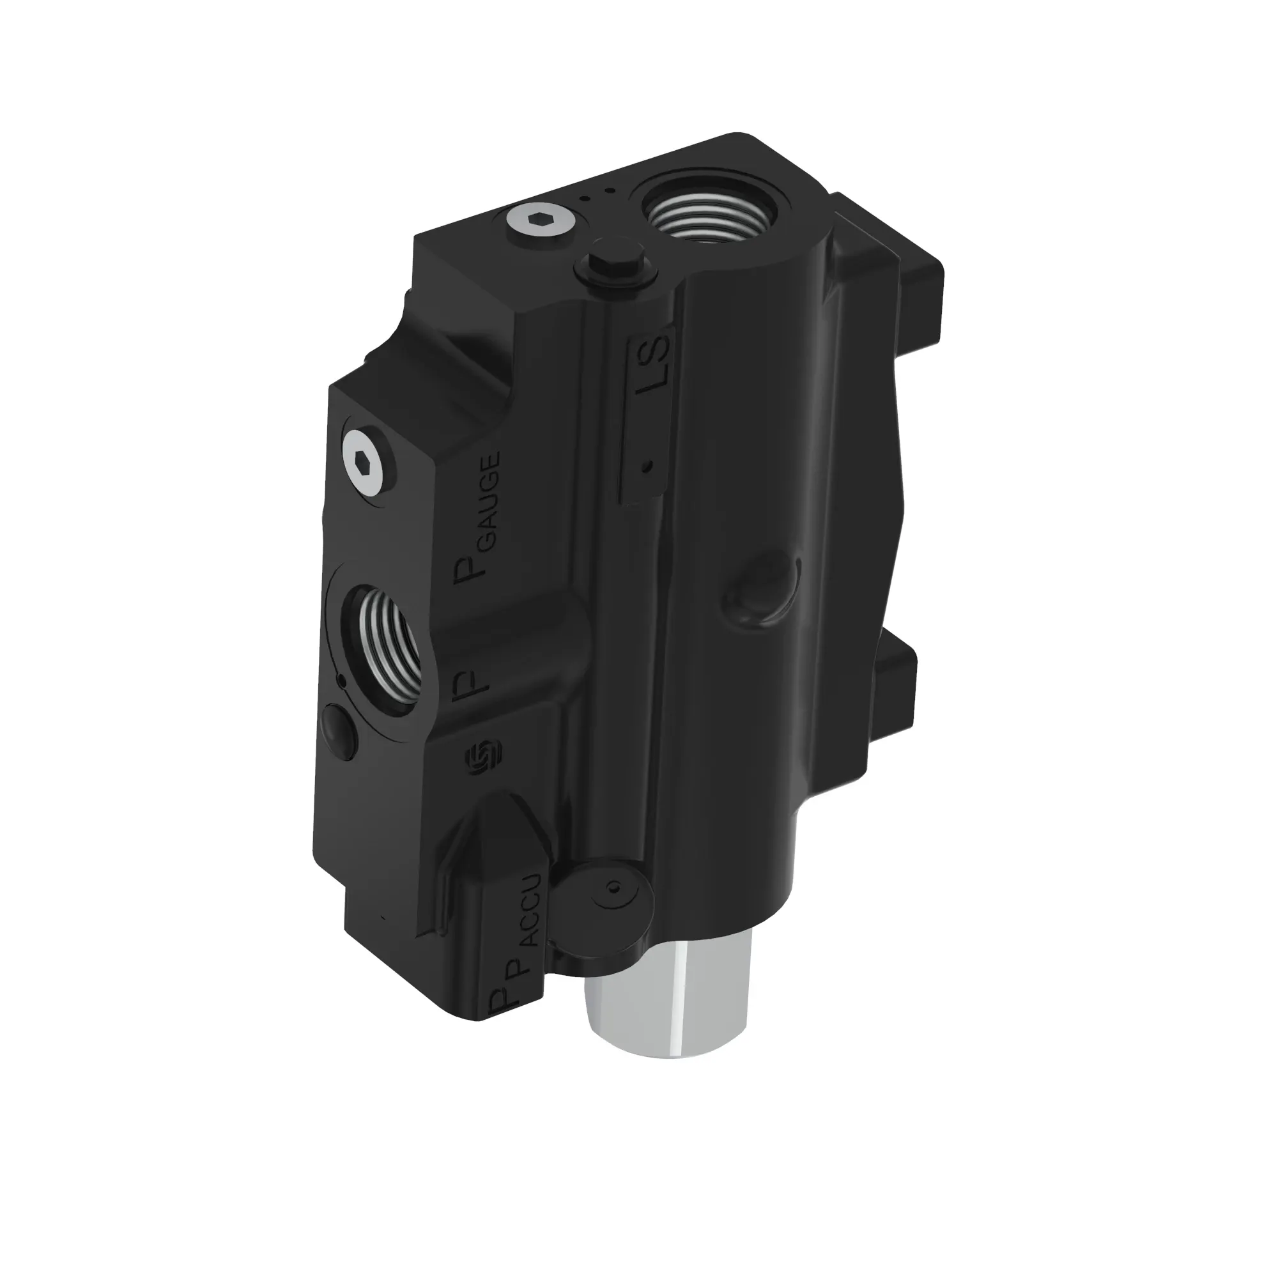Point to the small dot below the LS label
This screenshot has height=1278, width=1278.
pos(648,466)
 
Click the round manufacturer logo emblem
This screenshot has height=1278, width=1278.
pos(484,755)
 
